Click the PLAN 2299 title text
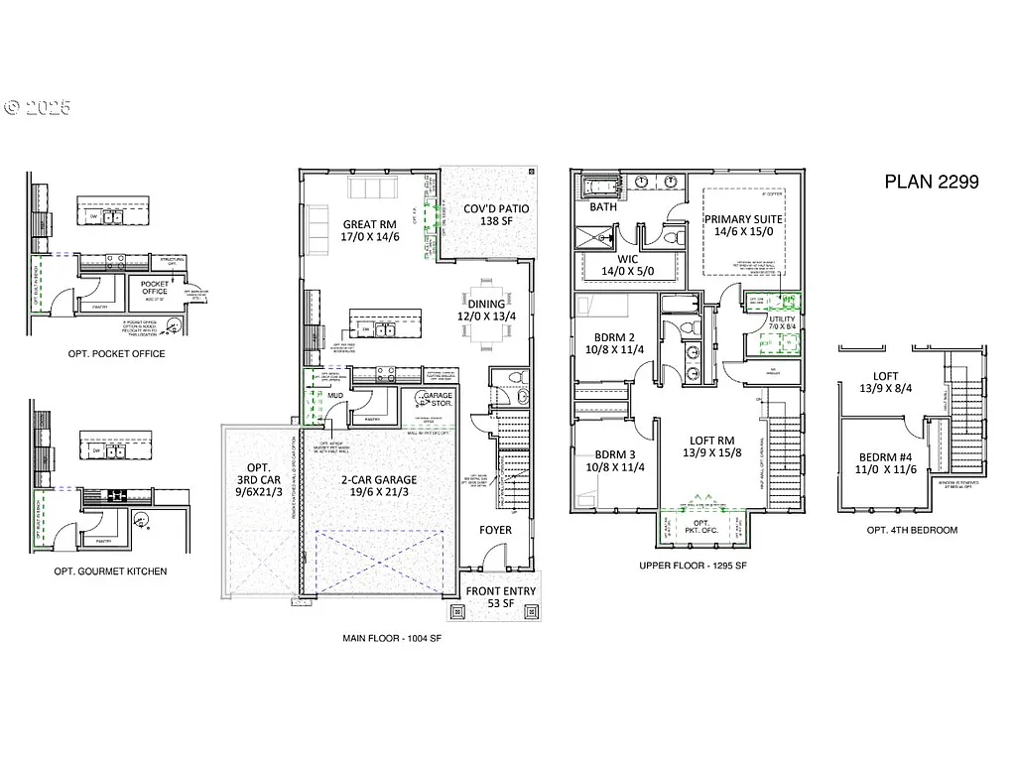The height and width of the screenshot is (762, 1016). (x=931, y=182)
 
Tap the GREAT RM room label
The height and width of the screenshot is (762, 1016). (x=370, y=231)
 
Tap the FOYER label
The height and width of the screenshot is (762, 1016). (x=496, y=530)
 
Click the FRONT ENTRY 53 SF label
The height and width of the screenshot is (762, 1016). (x=503, y=597)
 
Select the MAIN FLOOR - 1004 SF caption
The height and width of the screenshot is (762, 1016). (x=391, y=639)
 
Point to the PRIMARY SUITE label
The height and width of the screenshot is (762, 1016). (x=743, y=225)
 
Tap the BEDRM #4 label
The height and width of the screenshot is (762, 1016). (x=885, y=463)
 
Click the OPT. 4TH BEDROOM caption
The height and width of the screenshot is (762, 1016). (x=912, y=530)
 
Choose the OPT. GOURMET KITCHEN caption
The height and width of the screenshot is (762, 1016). (x=110, y=571)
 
